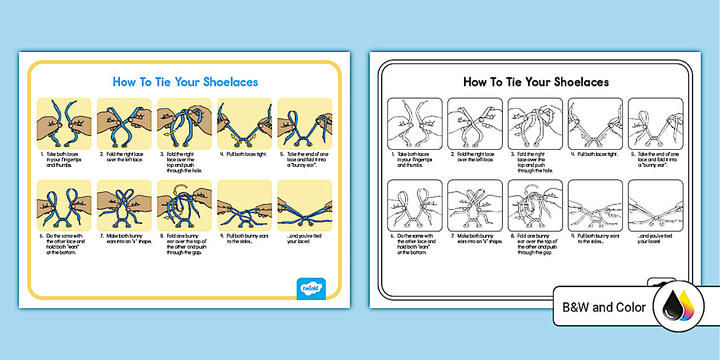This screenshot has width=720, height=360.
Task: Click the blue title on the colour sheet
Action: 185,82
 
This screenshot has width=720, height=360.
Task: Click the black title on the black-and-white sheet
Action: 535,82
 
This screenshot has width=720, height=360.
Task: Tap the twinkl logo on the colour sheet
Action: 311,288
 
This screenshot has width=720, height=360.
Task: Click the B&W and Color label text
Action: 603,307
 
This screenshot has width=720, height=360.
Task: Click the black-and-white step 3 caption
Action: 534,162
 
